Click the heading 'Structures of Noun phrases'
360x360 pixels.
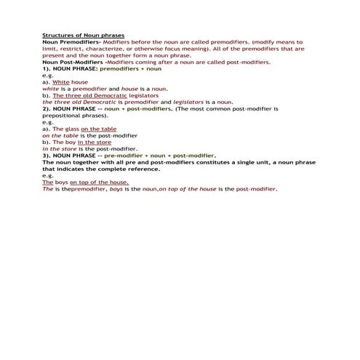click(x=84, y=35)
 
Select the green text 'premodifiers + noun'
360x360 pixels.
click(x=131, y=69)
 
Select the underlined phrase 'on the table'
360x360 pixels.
click(x=98, y=129)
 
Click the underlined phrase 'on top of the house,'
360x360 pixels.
click(x=100, y=183)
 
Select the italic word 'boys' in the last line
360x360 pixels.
click(x=116, y=189)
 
